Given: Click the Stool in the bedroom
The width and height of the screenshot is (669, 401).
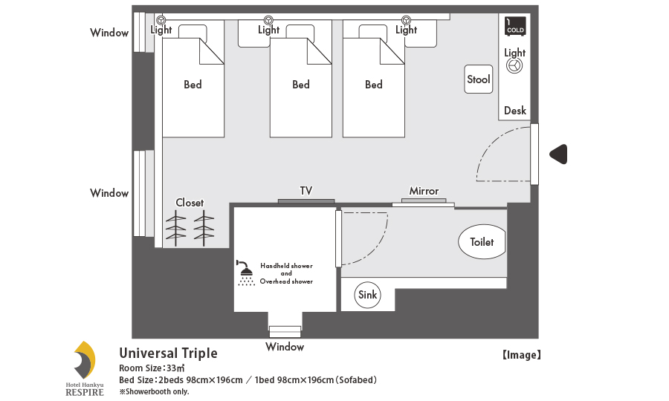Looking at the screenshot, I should pos(479,79).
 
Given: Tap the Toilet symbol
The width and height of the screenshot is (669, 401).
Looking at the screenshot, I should pos(482,242).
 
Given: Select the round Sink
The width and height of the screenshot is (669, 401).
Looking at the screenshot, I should pos(368,295).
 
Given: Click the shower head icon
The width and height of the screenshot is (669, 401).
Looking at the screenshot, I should pos(245,273).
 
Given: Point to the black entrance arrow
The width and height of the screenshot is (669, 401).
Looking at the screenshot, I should pos(558,154).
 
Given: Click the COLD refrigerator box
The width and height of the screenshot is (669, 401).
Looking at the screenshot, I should pos(515,26).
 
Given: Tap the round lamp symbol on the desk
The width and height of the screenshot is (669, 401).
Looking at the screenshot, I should pos(514,66).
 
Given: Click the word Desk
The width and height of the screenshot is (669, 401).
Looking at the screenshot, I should pos(515,111).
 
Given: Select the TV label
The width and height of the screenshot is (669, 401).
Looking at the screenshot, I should pos(306,191).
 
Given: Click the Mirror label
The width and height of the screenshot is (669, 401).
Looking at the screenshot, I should pos(424,191).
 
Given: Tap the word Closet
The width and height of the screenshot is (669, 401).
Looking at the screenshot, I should pos(190,203).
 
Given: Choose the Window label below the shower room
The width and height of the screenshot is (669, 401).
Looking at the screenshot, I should pos(285,347).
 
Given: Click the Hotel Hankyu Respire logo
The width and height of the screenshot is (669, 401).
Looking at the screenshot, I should pos(84,366).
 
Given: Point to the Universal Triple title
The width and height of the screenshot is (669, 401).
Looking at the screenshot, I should pos(168,353).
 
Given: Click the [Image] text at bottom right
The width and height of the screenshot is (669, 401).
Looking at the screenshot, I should pos(520,355).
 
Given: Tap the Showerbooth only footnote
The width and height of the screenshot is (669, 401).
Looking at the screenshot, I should pos(154,391).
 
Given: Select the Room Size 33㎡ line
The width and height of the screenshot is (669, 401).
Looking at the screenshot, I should pos(152,368).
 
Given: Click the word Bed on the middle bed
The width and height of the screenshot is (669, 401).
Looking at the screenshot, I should pos(301,85).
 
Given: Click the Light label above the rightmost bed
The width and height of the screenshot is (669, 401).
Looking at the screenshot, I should pos(406,30).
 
